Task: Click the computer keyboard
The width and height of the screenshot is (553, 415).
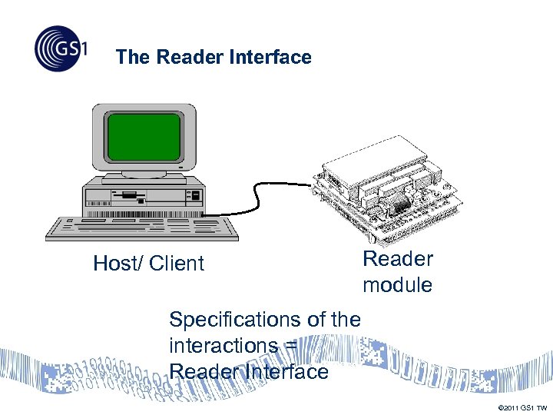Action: coord(142,227)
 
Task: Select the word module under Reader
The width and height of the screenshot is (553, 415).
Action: coord(397,285)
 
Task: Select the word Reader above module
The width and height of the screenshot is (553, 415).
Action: coord(397,259)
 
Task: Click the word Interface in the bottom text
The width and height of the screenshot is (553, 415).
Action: coord(283,371)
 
